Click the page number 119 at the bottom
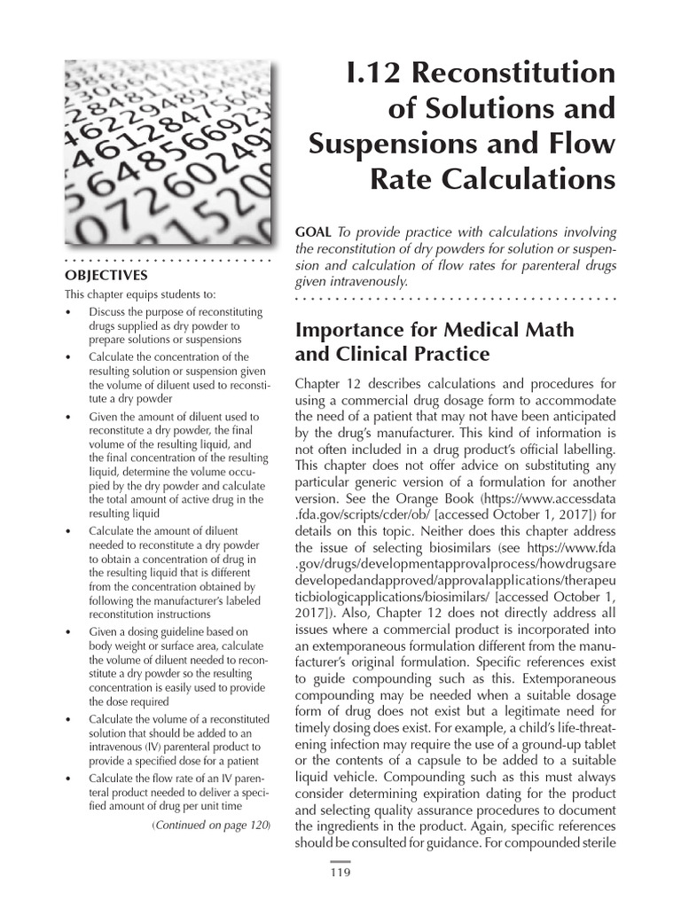[x=340, y=873]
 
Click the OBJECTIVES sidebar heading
[x=106, y=276]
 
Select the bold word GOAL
[x=314, y=232]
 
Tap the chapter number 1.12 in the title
[x=371, y=73]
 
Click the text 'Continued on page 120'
[x=212, y=826]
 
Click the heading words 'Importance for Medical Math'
[x=434, y=331]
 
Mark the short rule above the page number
[x=340, y=861]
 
